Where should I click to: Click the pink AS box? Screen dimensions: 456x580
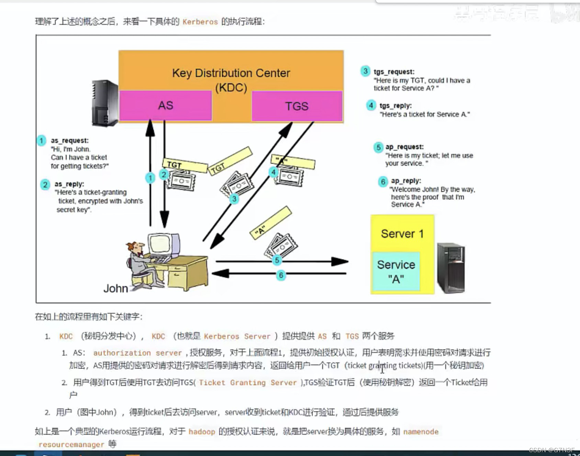pyautogui.click(x=166, y=106)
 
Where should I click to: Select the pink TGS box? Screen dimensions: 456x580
pyautogui.click(x=297, y=106)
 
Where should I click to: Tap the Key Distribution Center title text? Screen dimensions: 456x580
pyautogui.click(x=231, y=73)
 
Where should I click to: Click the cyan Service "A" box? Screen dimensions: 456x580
pyautogui.click(x=396, y=271)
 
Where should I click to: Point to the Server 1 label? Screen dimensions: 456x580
pyautogui.click(x=402, y=234)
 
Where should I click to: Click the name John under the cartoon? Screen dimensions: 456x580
pyautogui.click(x=116, y=289)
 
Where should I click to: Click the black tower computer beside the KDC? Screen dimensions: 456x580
pyautogui.click(x=105, y=103)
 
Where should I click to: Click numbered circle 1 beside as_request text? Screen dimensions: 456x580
pyautogui.click(x=41, y=141)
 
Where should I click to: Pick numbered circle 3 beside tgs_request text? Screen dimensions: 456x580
pyautogui.click(x=365, y=71)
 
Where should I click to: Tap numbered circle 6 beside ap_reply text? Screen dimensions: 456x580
pyautogui.click(x=383, y=181)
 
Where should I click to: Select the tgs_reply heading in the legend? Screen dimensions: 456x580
pyautogui.click(x=395, y=106)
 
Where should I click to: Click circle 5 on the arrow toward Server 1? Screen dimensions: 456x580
pyautogui.click(x=277, y=260)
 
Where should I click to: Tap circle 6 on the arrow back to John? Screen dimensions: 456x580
pyautogui.click(x=281, y=275)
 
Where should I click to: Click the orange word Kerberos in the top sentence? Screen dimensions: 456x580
pyautogui.click(x=200, y=22)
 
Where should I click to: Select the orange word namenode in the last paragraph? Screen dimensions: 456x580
pyautogui.click(x=421, y=432)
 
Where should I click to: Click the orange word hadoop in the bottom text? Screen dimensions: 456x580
pyautogui.click(x=202, y=432)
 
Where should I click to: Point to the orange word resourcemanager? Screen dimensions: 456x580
pyautogui.click(x=71, y=445)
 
